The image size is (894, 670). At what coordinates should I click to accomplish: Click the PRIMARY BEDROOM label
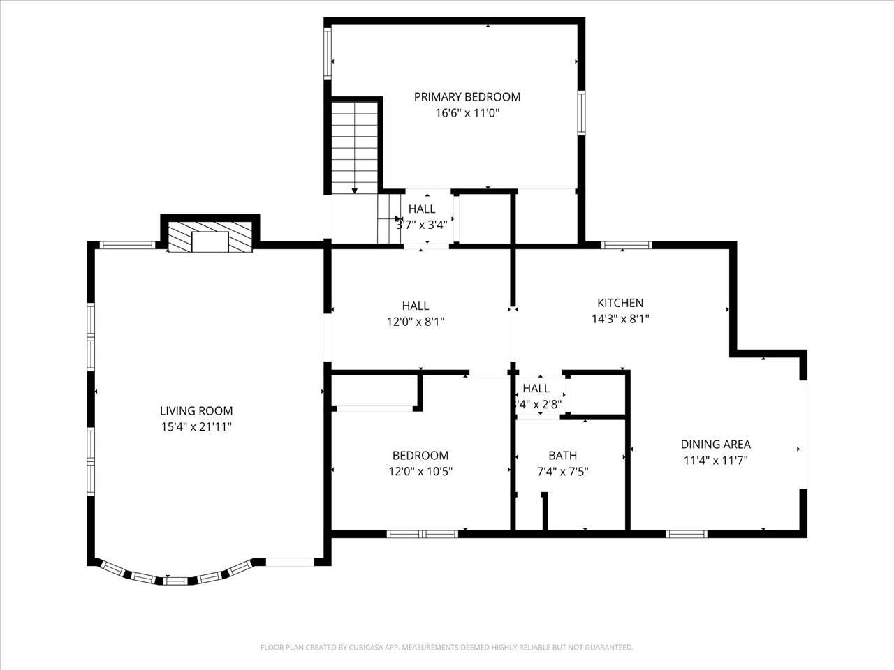pos(467,97)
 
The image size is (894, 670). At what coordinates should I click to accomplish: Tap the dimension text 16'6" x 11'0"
pos(467,113)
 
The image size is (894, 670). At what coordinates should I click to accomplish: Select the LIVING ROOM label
pos(196,411)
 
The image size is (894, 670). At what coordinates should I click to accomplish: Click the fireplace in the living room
pos(210,237)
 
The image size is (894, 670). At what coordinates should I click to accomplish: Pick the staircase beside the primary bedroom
pos(355,147)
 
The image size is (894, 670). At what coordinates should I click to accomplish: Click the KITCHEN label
pos(620,303)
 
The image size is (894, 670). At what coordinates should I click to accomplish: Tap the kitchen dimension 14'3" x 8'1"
pos(620,319)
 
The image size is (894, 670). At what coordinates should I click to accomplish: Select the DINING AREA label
pos(715,444)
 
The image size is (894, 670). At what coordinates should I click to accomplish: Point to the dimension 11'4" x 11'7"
pos(715,460)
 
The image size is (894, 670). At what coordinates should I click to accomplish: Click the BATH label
pos(562,455)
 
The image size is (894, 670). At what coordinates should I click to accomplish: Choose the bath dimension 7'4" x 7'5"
pos(562,471)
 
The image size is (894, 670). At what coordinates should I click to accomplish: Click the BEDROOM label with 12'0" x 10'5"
pos(420,455)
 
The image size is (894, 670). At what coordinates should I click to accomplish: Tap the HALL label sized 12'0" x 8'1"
pos(416,306)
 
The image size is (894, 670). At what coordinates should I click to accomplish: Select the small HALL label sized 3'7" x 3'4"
pos(422,209)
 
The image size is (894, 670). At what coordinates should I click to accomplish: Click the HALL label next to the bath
pos(536,388)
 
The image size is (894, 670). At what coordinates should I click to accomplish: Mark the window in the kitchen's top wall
pos(626,245)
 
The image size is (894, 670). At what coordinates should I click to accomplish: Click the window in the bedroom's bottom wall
pos(423,534)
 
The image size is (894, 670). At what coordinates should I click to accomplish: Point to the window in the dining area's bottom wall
pos(687,534)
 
